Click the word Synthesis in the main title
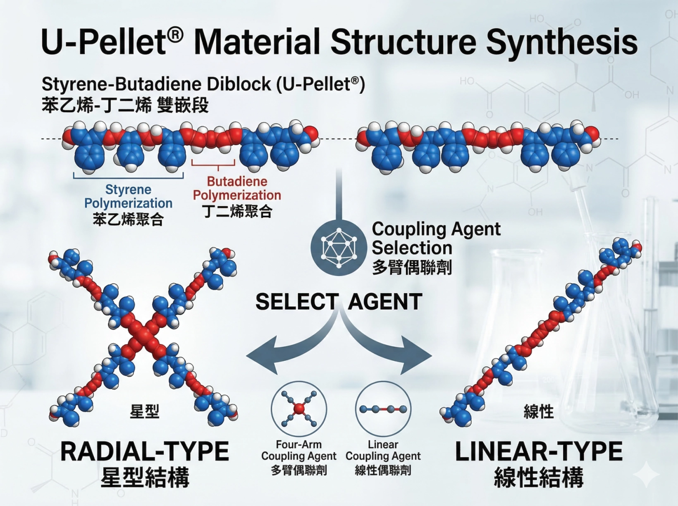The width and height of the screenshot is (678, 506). [x=561, y=43]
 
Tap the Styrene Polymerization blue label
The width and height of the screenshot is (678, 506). [x=128, y=196]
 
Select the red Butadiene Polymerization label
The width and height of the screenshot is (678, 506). [x=237, y=188]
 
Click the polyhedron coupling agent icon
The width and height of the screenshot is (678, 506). [x=339, y=248]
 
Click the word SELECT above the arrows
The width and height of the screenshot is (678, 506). [x=297, y=302]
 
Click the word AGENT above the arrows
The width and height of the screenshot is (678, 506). [x=385, y=302]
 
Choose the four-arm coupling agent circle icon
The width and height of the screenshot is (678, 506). [x=299, y=409]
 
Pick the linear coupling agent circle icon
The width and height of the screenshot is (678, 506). [x=383, y=409]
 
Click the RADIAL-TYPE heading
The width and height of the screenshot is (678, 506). [x=144, y=451]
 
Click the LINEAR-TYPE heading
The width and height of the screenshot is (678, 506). [x=539, y=451]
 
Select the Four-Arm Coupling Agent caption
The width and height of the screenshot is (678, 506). [x=298, y=451]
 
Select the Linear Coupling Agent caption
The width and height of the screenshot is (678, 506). [x=383, y=451]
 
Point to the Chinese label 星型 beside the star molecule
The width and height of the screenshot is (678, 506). [x=144, y=411]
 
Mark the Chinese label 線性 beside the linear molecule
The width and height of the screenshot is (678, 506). [x=538, y=412]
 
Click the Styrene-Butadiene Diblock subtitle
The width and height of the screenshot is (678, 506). [x=203, y=84]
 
